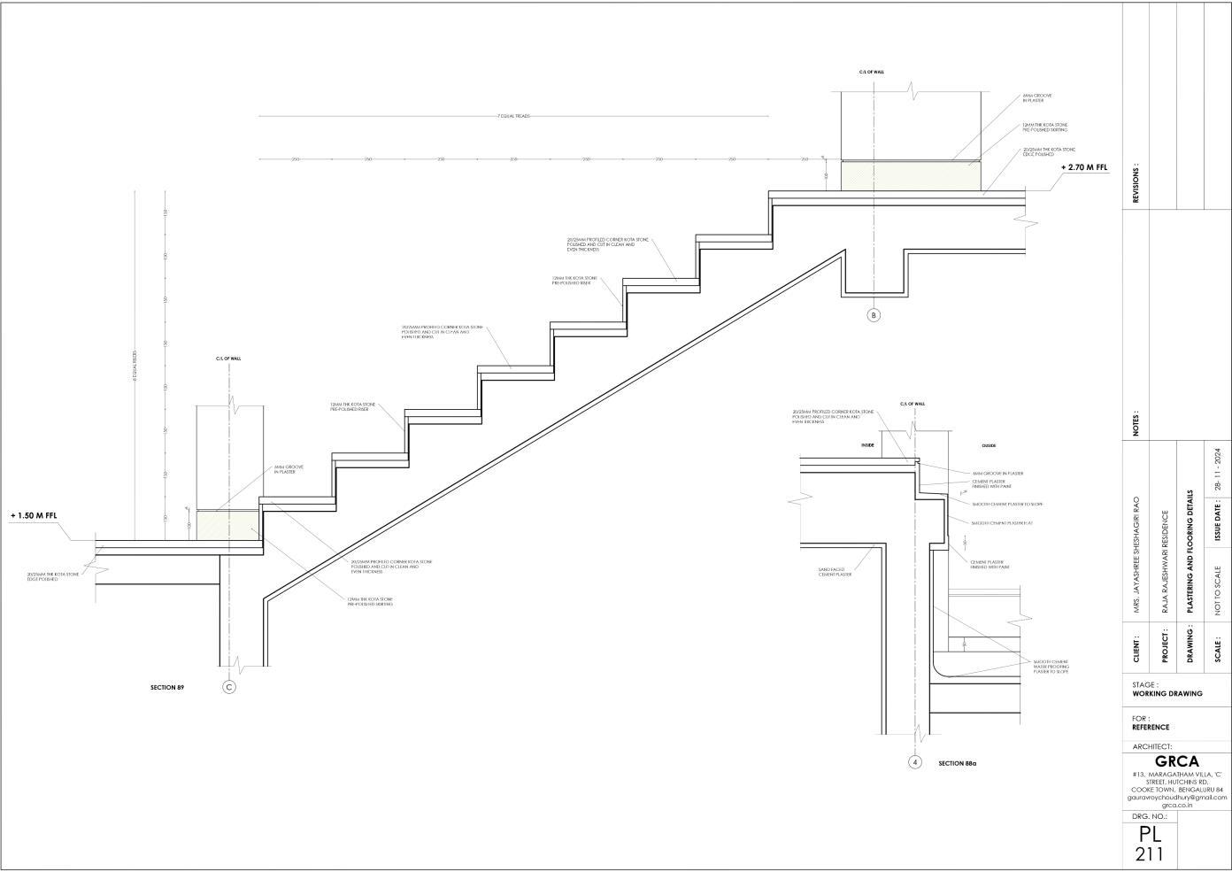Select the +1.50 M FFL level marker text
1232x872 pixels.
click(x=34, y=515)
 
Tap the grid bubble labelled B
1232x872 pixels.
click(x=874, y=315)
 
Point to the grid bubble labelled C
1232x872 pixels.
click(x=229, y=687)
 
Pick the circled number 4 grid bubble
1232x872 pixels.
click(x=915, y=762)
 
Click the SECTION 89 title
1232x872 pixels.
click(x=167, y=687)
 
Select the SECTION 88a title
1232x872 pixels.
click(x=958, y=763)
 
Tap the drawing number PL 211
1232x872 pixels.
click(x=1150, y=844)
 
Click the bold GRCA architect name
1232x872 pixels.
click(x=1177, y=761)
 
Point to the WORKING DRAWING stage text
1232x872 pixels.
click(x=1167, y=694)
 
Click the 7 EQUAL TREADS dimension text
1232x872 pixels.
click(x=513, y=116)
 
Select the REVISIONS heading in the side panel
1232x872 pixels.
click(x=1136, y=184)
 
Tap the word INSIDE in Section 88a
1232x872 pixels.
click(x=867, y=445)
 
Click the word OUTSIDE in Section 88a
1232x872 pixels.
click(x=989, y=445)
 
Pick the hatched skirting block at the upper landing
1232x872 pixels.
click(x=911, y=176)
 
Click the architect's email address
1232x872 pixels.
click(x=1177, y=798)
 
